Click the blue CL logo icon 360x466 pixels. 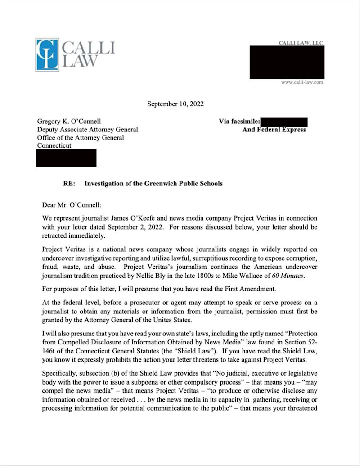coord(47,54)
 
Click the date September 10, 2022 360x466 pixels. coord(175,104)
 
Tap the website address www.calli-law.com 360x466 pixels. coord(302,82)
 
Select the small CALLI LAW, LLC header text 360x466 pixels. coord(301,43)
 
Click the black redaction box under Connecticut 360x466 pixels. coord(66,158)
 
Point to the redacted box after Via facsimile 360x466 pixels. coord(283,121)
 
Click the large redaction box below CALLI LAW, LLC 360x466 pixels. coord(287,62)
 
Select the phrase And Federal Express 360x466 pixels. coord(274,130)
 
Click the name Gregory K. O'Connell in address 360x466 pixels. coord(69,121)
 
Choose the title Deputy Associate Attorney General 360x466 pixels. coord(87,130)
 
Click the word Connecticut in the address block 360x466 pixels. coord(54,146)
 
